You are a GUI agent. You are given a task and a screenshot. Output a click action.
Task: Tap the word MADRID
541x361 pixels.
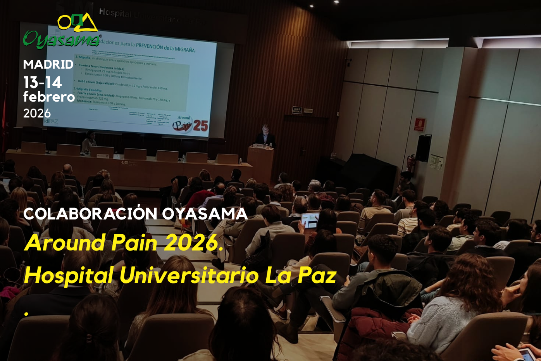(x=48, y=64)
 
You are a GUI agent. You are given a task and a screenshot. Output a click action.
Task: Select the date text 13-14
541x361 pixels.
(x=43, y=82)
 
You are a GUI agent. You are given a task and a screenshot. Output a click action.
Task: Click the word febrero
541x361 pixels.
(x=49, y=97)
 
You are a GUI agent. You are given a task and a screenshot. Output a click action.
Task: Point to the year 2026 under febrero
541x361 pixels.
(x=37, y=113)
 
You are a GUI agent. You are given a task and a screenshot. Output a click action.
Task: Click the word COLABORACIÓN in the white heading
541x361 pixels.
(x=90, y=214)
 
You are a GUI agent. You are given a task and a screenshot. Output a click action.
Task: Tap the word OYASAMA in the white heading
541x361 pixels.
(x=205, y=214)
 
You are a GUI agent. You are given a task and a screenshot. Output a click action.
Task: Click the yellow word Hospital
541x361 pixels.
(x=69, y=275)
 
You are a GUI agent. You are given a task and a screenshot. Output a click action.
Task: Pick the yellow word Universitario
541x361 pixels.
(x=189, y=275)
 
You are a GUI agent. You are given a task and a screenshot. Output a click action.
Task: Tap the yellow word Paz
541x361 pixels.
(x=317, y=275)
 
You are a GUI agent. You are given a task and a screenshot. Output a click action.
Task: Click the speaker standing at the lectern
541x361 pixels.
(x=265, y=136)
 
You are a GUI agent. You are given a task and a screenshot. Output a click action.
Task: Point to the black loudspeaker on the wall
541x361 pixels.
(x=423, y=148)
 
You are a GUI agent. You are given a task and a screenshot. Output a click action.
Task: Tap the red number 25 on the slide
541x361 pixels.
(x=200, y=126)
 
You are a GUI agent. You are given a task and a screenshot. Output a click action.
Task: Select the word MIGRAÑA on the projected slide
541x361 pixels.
(x=179, y=49)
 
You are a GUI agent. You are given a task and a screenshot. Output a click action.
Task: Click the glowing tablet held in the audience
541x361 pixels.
(x=310, y=220)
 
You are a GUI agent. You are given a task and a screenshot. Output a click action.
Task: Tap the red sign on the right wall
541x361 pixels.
(x=419, y=124)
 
